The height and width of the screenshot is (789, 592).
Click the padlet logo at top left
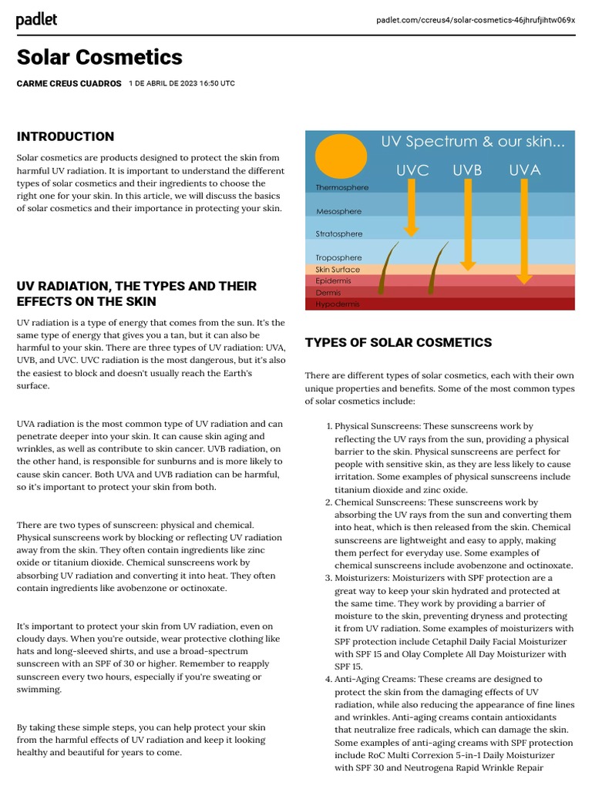(36, 20)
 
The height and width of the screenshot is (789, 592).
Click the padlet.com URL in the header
(476, 20)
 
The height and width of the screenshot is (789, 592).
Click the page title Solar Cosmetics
(99, 57)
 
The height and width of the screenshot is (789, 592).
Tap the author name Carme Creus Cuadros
(69, 83)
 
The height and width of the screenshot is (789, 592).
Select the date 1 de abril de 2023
(182, 83)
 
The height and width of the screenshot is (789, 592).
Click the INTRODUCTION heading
(66, 136)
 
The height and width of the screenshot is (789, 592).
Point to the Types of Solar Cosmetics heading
(398, 342)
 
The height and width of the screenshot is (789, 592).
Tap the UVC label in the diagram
(412, 170)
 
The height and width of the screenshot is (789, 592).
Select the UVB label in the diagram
(467, 170)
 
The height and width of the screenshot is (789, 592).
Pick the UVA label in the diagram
(524, 170)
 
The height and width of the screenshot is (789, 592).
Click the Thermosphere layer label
(341, 188)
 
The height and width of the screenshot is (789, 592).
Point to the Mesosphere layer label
(338, 211)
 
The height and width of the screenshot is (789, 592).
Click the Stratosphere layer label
(338, 234)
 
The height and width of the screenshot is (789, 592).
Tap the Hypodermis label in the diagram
(338, 304)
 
